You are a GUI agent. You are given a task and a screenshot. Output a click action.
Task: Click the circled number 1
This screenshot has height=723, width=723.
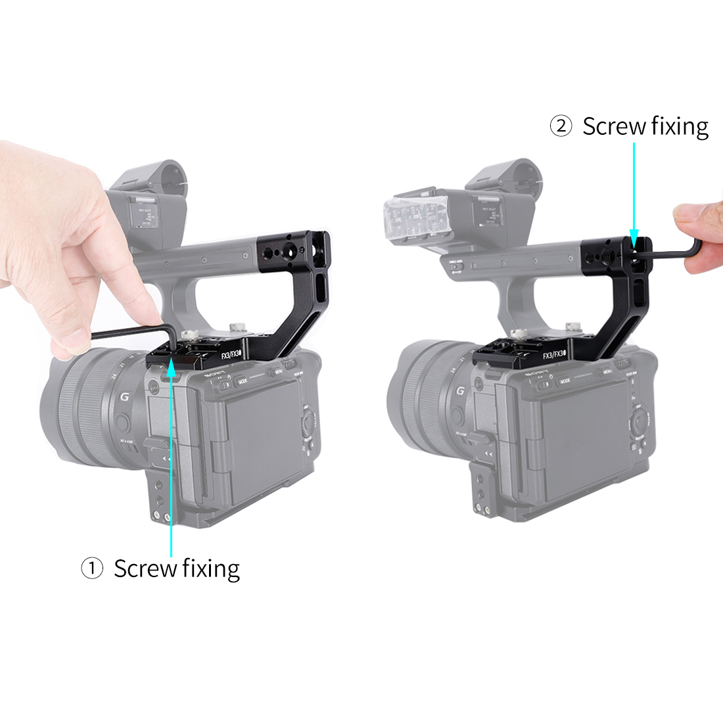[x=92, y=569]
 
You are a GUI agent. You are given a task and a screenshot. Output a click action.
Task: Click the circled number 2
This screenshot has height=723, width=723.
[x=561, y=126]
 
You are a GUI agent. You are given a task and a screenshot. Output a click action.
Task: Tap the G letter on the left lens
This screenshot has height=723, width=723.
[x=123, y=398]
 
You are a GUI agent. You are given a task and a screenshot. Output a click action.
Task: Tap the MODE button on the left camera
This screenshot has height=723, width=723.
[x=243, y=381]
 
